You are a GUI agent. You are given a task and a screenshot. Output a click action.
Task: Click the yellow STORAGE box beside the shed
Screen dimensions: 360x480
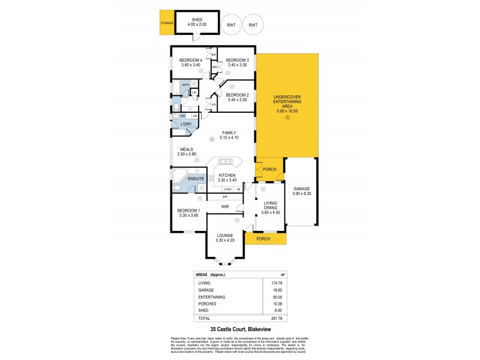(166, 23)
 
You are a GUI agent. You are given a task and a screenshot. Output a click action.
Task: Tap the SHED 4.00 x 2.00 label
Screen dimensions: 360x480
(194, 23)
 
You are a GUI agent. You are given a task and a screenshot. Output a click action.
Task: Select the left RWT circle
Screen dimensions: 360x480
(230, 25)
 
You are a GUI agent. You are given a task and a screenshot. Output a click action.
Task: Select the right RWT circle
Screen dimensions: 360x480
(253, 25)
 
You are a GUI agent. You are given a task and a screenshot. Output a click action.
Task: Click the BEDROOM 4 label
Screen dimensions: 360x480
(190, 62)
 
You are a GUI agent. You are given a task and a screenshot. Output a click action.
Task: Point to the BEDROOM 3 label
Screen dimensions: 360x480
(237, 62)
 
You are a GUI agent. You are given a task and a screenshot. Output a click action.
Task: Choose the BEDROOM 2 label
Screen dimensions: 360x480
(237, 97)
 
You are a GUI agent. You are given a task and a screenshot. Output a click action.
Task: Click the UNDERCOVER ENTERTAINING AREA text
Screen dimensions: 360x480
(287, 105)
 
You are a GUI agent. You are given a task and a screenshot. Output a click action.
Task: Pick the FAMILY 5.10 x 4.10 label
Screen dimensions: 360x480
(229, 135)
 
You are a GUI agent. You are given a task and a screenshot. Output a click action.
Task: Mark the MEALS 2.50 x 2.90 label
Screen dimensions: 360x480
(187, 152)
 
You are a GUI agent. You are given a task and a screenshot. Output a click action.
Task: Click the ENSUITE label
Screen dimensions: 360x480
(196, 179)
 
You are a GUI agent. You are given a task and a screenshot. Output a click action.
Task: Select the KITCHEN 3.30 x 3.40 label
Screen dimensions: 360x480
(231, 177)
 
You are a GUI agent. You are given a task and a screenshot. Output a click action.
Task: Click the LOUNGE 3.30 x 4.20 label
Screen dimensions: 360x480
(229, 238)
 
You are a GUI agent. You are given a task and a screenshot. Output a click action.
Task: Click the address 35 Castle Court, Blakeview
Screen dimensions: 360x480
(239, 329)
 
